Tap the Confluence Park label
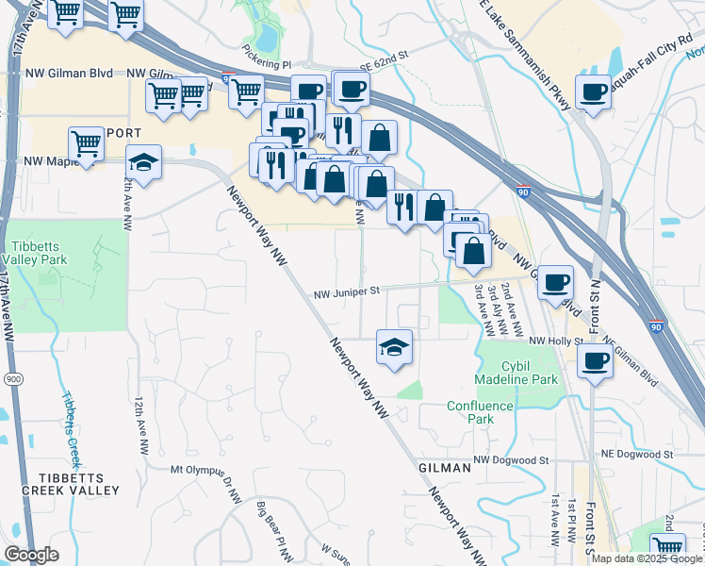481,412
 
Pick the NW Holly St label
551,341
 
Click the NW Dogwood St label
511,459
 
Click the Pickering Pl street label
266,64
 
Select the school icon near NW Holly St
394,346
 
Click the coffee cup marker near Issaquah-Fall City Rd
593,92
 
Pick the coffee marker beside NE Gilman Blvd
595,359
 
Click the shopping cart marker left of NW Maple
86,144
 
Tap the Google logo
31,555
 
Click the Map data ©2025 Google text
646,558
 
